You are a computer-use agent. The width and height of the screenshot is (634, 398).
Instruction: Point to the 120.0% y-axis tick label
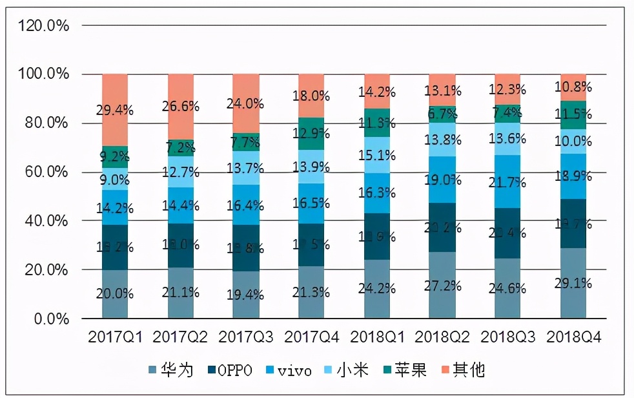[44, 26]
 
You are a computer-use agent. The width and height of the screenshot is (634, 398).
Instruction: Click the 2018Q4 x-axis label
[573, 337]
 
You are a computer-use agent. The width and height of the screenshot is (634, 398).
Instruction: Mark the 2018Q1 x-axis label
[377, 337]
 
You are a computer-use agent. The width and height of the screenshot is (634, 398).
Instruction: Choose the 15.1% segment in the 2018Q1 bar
[377, 156]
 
